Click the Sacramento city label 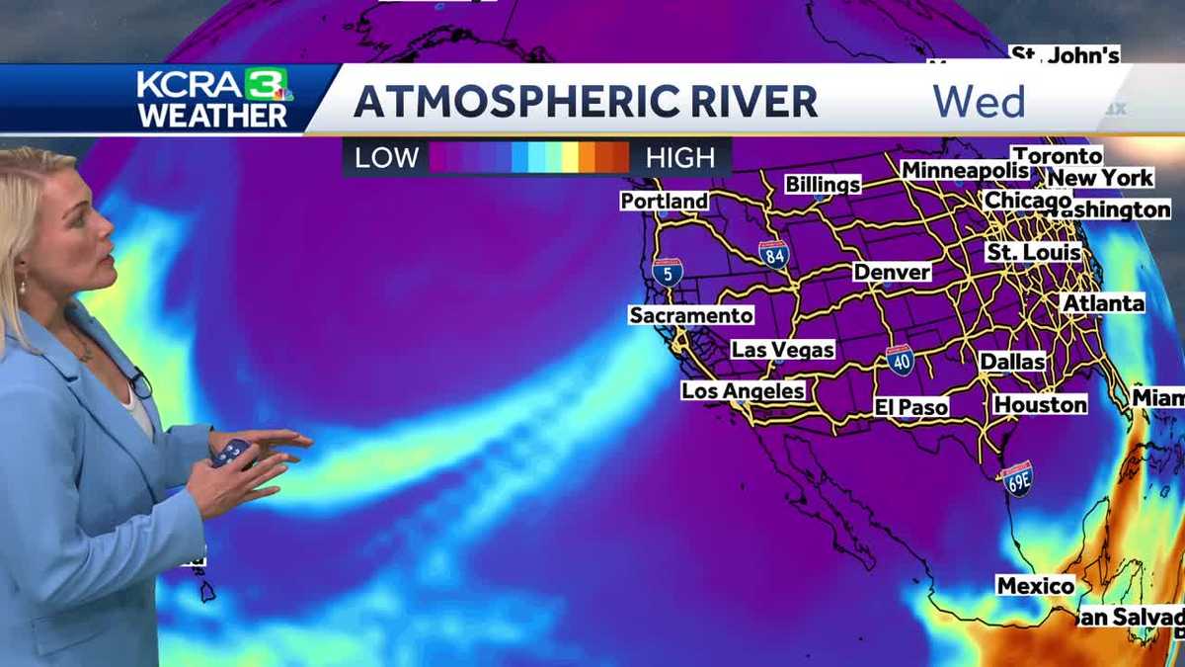pyautogui.click(x=691, y=315)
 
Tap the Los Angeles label pyautogui.click(x=743, y=391)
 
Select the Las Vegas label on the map pyautogui.click(x=782, y=349)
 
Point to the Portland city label pyautogui.click(x=664, y=201)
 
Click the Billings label pyautogui.click(x=823, y=184)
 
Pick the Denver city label pyautogui.click(x=892, y=271)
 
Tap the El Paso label pyautogui.click(x=910, y=406)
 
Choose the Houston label pyautogui.click(x=1040, y=404)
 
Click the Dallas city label pyautogui.click(x=1012, y=362)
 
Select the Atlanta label pyautogui.click(x=1102, y=303)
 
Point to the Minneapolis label pyautogui.click(x=965, y=170)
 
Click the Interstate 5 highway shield pyautogui.click(x=667, y=272)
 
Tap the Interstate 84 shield pyautogui.click(x=774, y=254)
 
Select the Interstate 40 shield pyautogui.click(x=899, y=360)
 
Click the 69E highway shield pyautogui.click(x=1018, y=478)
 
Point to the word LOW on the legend pyautogui.click(x=386, y=157)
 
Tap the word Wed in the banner pyautogui.click(x=979, y=102)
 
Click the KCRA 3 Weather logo pyautogui.click(x=213, y=98)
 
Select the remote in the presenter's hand pyautogui.click(x=230, y=453)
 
